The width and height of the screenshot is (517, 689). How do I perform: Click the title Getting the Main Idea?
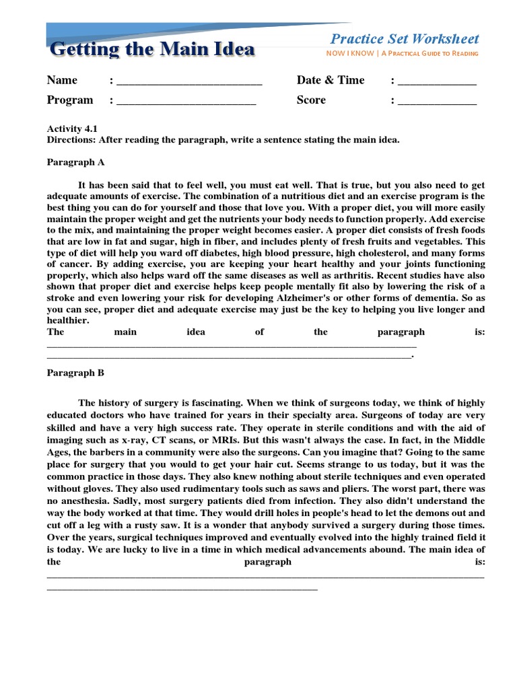coord(152,49)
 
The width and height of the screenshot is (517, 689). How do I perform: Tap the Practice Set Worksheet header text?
coord(405,39)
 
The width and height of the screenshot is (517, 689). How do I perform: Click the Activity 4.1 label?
coord(72,129)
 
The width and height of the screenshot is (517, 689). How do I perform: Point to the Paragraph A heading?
coord(75,162)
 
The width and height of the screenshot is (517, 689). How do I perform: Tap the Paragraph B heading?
coord(75,372)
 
